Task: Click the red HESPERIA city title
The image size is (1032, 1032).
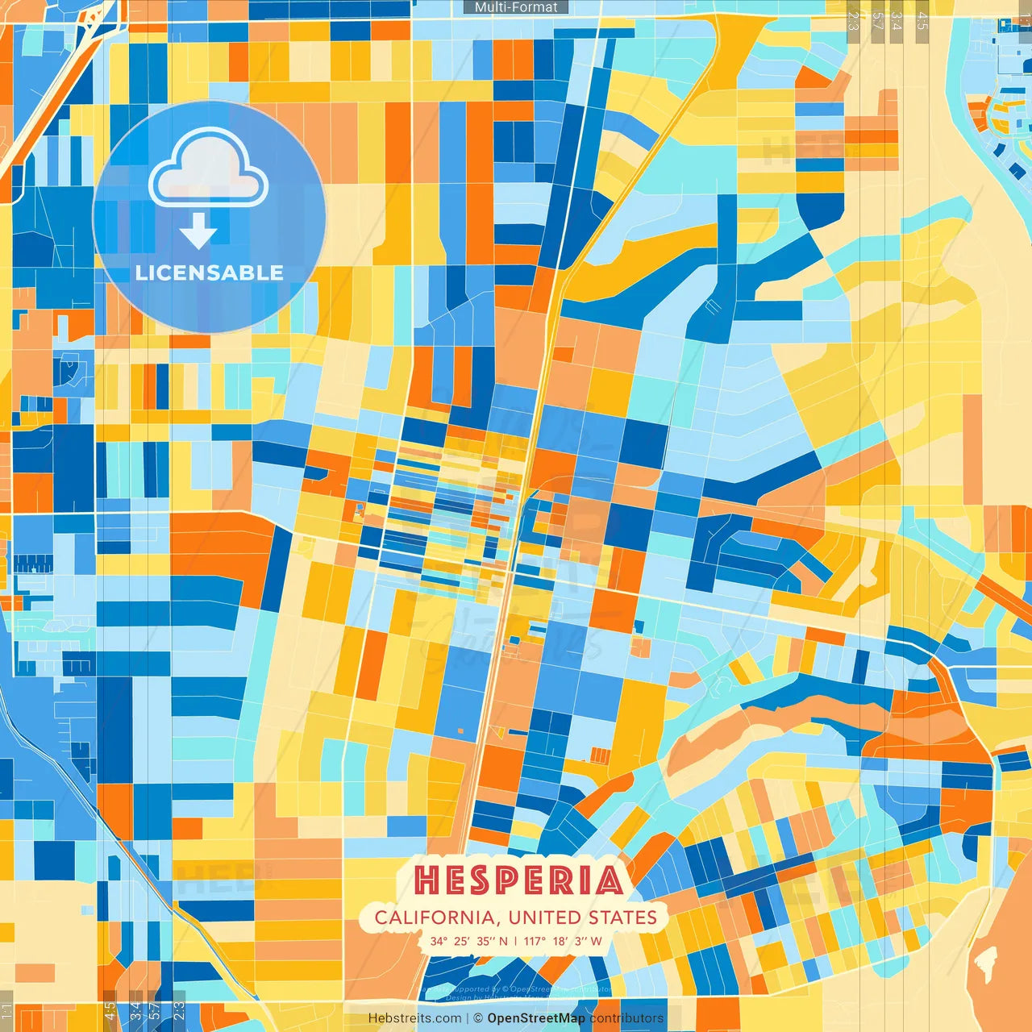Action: coord(518,880)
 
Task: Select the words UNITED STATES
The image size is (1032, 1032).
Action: coord(583,918)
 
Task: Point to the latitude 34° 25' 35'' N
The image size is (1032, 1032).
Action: coord(468,941)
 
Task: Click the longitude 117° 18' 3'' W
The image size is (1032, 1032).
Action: coord(563,941)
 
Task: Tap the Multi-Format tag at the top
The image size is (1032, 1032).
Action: coord(516,7)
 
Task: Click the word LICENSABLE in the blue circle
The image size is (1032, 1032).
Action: coord(210,273)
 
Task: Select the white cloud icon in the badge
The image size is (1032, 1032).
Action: coord(209,168)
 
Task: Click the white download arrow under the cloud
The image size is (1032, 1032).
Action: coord(198,231)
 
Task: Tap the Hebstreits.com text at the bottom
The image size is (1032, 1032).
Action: coord(414,1018)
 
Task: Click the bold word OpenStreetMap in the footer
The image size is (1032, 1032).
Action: coord(536,1018)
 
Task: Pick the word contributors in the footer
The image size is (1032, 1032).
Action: coord(626,1018)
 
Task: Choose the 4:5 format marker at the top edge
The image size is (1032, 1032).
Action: coord(922,21)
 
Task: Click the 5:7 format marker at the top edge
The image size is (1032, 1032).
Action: coord(877,21)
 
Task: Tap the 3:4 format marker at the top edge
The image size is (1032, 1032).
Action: coord(897,21)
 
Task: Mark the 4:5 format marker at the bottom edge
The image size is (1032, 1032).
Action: coord(110,1011)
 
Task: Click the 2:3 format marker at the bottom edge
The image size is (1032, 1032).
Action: coord(179,1011)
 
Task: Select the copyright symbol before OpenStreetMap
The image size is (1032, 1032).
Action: coord(478,1018)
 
